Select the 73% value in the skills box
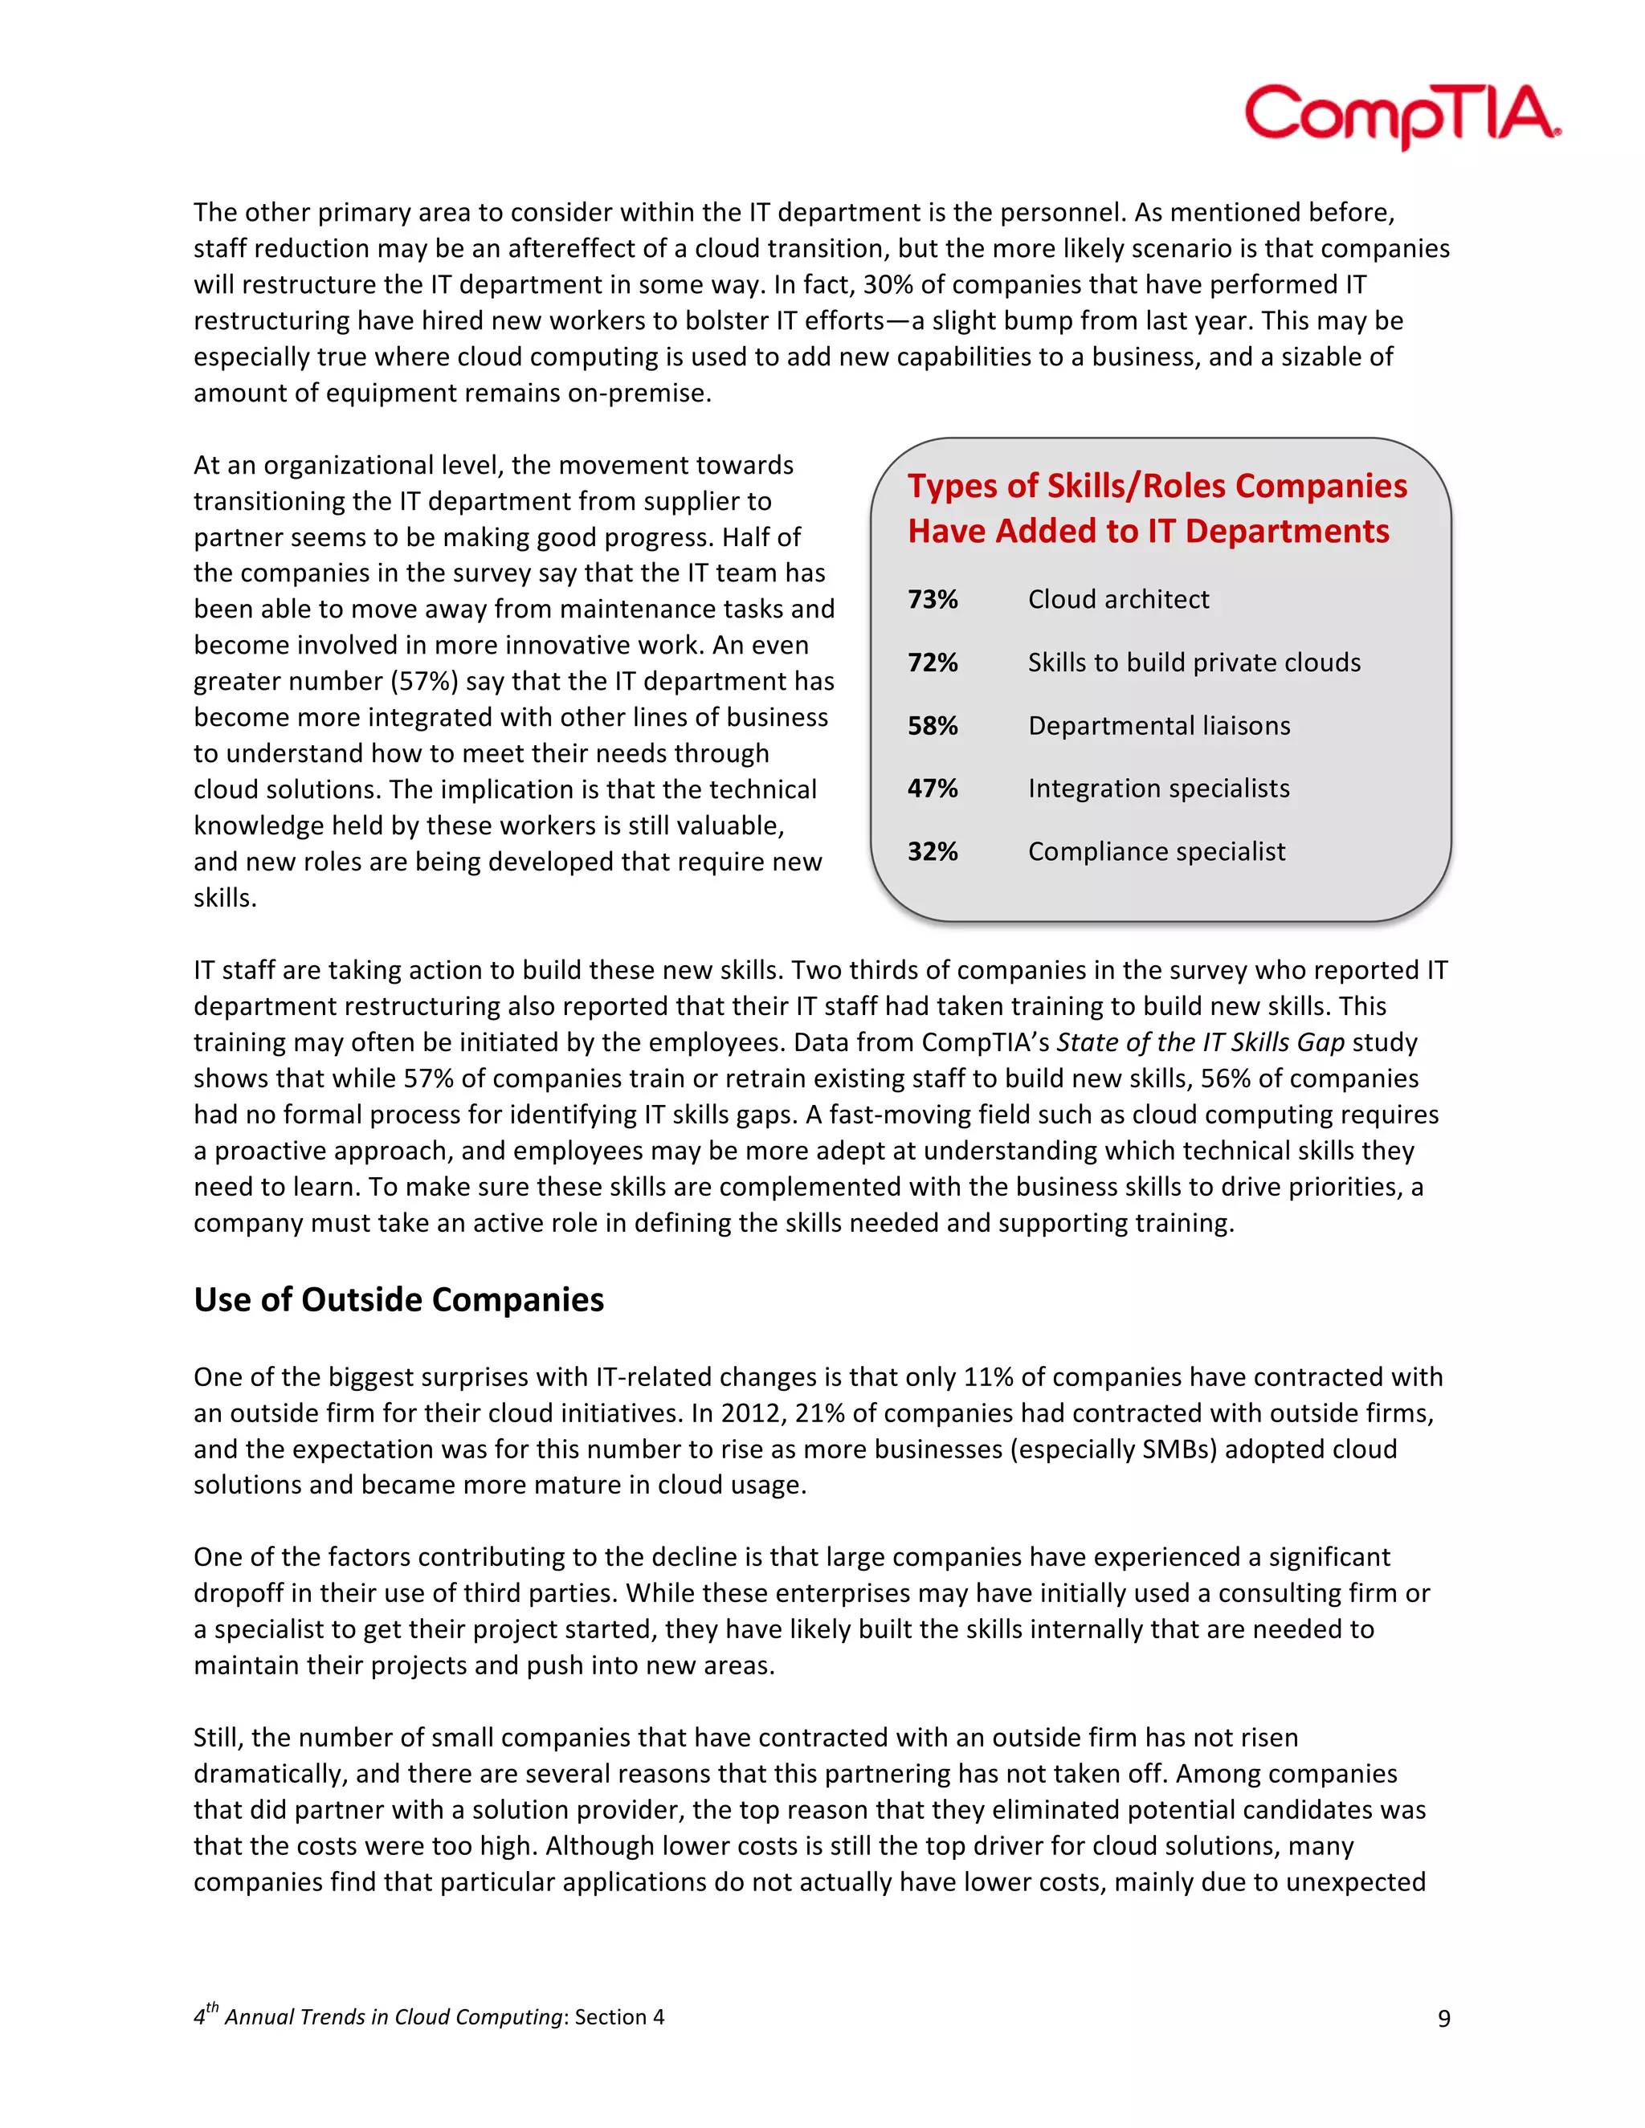point(933,599)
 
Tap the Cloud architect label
point(1118,599)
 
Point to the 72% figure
point(933,662)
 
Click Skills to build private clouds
point(1194,662)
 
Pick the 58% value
point(933,726)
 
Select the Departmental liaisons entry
point(1159,726)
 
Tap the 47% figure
point(933,789)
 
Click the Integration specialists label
point(1159,789)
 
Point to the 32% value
point(933,851)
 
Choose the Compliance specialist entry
point(1157,851)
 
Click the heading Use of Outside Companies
point(398,1300)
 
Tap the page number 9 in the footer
point(1443,2018)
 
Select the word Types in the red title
point(952,485)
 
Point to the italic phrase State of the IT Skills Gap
point(1201,1042)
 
